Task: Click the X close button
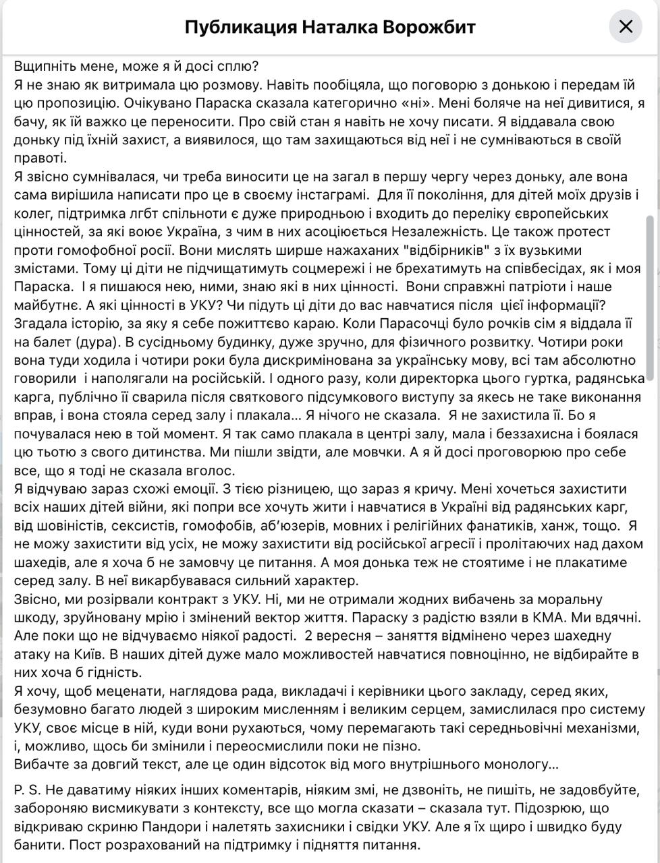click(626, 27)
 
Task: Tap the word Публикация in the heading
click(240, 27)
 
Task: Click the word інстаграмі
click(315, 196)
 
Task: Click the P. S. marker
click(26, 790)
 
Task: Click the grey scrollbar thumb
click(650, 297)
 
